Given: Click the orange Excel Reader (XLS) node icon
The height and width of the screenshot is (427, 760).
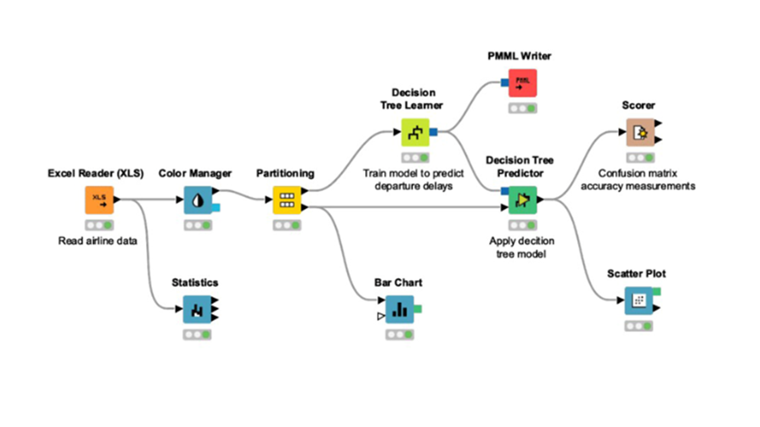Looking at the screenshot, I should [x=99, y=200].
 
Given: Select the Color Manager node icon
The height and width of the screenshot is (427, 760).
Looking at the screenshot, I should [x=198, y=200].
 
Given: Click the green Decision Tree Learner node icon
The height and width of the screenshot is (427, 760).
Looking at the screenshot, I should [x=415, y=132].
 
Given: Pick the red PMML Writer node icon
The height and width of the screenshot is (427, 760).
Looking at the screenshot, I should [x=522, y=83].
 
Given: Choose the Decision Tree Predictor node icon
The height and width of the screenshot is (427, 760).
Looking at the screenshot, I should [x=522, y=200].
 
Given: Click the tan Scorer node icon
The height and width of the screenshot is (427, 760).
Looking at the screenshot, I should [x=640, y=132].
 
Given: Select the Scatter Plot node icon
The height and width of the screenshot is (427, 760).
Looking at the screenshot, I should [x=638, y=301].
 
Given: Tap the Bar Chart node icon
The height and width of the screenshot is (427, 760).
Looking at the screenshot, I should [x=400, y=309].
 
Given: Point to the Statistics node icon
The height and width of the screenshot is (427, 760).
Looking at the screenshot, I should [x=197, y=309].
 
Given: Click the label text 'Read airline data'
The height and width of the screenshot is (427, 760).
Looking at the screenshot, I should [x=98, y=241].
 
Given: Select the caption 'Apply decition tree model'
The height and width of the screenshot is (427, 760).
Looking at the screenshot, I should [x=522, y=247].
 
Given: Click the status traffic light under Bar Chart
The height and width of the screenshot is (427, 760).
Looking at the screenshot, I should [x=400, y=334].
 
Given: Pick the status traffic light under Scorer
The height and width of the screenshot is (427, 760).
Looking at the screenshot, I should [x=640, y=158].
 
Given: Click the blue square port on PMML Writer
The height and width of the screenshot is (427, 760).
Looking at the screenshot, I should [x=505, y=83].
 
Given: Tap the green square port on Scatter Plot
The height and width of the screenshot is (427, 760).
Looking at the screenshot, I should [x=657, y=291].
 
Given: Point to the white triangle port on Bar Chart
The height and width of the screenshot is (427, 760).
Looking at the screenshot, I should [x=381, y=317].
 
